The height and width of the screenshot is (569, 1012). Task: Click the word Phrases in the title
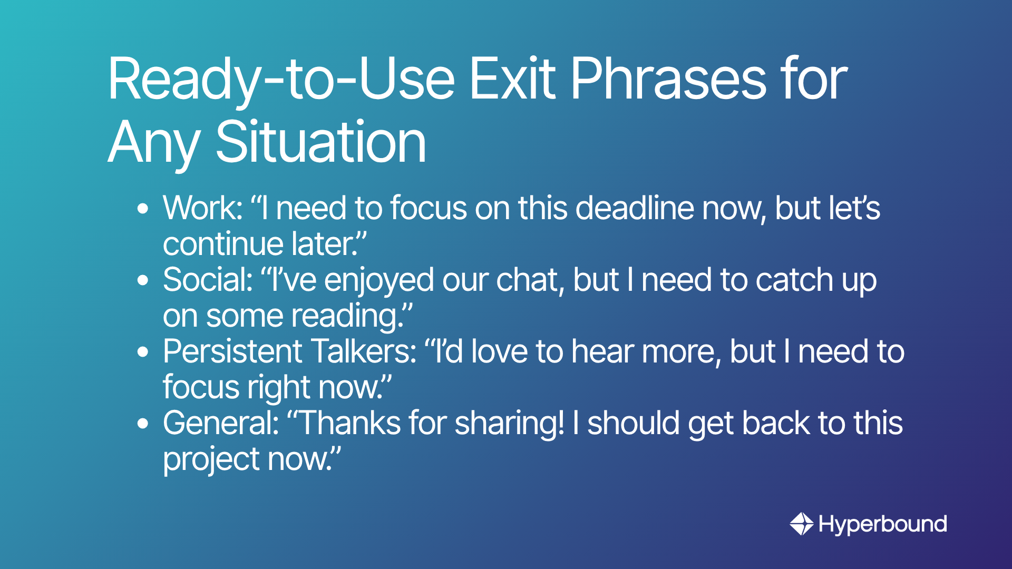click(x=668, y=79)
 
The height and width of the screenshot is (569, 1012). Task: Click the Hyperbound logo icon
click(x=802, y=524)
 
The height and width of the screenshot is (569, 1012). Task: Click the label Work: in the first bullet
click(x=203, y=208)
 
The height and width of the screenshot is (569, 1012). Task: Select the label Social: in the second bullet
click(x=208, y=279)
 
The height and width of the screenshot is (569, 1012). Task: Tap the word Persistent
click(x=232, y=351)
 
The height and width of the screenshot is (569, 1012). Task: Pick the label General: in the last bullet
click(x=221, y=423)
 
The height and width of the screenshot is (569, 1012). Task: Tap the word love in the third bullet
click(x=499, y=351)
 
